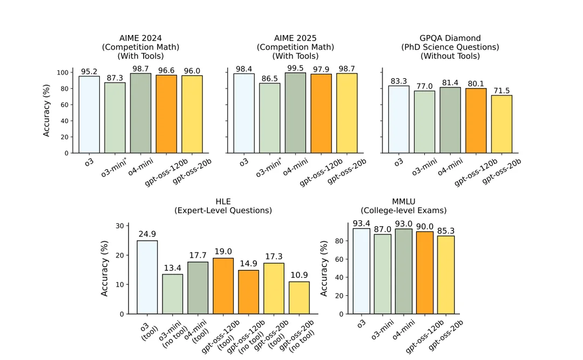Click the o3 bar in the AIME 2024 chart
click(x=89, y=114)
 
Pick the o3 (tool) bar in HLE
click(x=147, y=277)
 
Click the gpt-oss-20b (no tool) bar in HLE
click(x=299, y=297)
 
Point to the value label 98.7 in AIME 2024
click(x=140, y=68)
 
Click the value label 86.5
click(x=269, y=78)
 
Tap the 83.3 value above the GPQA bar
click(x=398, y=81)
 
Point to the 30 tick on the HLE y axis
click(x=119, y=226)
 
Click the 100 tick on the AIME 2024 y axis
click(x=63, y=72)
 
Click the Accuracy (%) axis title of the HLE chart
click(x=105, y=268)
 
